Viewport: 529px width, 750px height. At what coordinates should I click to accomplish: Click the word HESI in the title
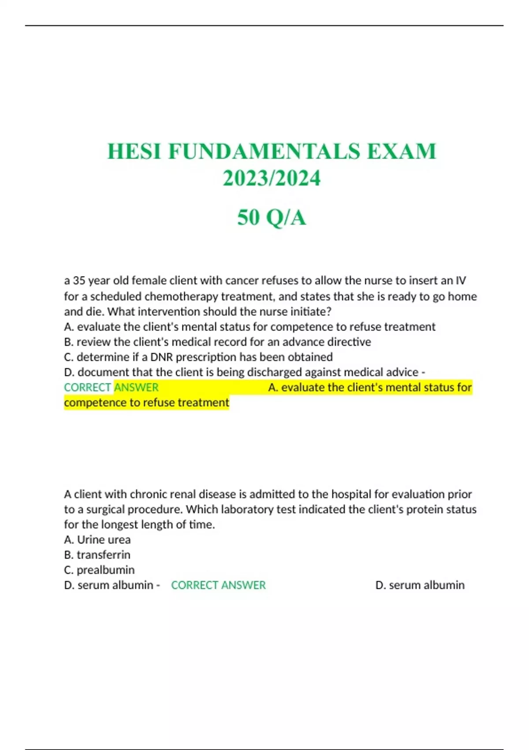(x=134, y=151)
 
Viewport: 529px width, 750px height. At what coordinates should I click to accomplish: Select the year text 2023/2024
(x=272, y=178)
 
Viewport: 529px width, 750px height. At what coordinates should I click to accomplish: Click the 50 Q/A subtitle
(x=272, y=217)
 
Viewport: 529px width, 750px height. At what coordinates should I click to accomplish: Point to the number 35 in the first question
(x=79, y=281)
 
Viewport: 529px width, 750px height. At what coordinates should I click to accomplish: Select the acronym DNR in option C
(x=162, y=357)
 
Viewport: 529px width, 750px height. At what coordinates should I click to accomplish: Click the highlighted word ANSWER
(x=136, y=387)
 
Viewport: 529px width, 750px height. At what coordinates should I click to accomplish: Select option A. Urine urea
(x=97, y=540)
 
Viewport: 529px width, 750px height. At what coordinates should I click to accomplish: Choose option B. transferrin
(x=97, y=555)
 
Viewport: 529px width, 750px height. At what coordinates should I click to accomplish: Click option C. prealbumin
(x=99, y=570)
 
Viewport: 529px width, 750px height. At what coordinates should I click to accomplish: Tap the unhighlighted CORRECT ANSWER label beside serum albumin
(x=218, y=585)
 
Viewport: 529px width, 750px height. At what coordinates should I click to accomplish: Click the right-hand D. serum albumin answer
(x=420, y=585)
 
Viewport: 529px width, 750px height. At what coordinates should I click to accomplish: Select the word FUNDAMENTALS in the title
(x=264, y=151)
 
